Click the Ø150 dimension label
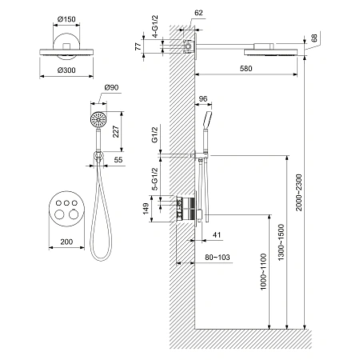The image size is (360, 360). pos(66,19)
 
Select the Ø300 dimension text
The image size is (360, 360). pos(66,70)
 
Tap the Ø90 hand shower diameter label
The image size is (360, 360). pos(111,87)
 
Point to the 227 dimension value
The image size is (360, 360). pos(116,131)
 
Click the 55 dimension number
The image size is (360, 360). pos(118,160)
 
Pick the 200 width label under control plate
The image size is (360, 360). pos(66,242)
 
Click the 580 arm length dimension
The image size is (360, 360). pos(246,69)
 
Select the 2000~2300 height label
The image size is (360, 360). pos(299,192)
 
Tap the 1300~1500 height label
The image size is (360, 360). pos(281,242)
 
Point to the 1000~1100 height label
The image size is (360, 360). pos(263,272)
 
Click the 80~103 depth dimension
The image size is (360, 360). pos(218,258)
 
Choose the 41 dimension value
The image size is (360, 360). pos(217,235)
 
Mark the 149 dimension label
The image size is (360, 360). pos(146,209)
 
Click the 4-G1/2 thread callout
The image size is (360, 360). pos(155,26)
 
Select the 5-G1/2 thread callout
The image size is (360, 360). pos(155,179)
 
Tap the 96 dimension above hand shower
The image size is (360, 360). pos(203,99)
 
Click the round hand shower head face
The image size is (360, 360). pos(98,119)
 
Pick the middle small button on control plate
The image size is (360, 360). pos(66,203)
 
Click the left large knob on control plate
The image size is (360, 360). pos(59,214)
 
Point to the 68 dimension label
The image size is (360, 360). pos(314,38)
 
